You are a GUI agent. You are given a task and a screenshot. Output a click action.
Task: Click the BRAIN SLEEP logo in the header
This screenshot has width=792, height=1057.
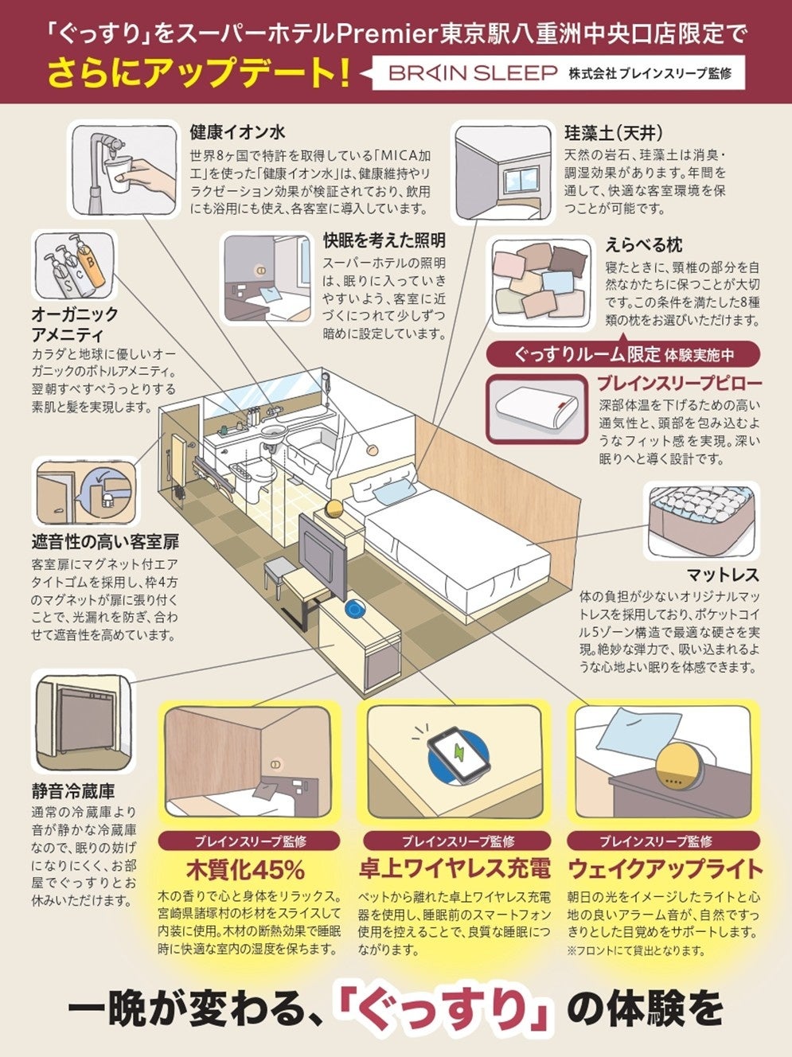pyautogui.click(x=473, y=73)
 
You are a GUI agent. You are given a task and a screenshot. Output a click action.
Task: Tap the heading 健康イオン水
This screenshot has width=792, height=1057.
pyautogui.click(x=237, y=132)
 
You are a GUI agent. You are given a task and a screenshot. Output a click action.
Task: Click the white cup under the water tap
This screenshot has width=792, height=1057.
pyautogui.click(x=119, y=177)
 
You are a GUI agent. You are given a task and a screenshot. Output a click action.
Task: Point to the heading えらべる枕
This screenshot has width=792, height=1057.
pyautogui.click(x=643, y=244)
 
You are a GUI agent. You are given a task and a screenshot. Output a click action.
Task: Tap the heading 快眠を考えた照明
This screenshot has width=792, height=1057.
pyautogui.click(x=384, y=240)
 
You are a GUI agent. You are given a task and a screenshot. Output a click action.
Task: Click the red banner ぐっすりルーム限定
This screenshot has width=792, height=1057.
pyautogui.click(x=622, y=354)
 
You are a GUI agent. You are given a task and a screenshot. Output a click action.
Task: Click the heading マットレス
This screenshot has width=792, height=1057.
pyautogui.click(x=723, y=575)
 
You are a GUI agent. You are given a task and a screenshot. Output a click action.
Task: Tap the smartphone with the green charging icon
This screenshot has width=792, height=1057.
pyautogui.click(x=460, y=752)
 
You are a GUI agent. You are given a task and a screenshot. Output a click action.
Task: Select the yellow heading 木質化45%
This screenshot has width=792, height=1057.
pyautogui.click(x=244, y=868)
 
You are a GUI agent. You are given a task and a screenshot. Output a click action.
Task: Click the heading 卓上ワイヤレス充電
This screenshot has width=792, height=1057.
pyautogui.click(x=455, y=868)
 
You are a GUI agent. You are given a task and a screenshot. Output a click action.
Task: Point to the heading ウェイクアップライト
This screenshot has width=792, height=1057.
pyautogui.click(x=665, y=868)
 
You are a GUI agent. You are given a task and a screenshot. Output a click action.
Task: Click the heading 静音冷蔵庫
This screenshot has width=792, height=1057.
pyautogui.click(x=73, y=791)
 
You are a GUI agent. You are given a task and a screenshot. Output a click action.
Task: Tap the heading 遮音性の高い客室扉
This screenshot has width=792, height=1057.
pyautogui.click(x=105, y=542)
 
